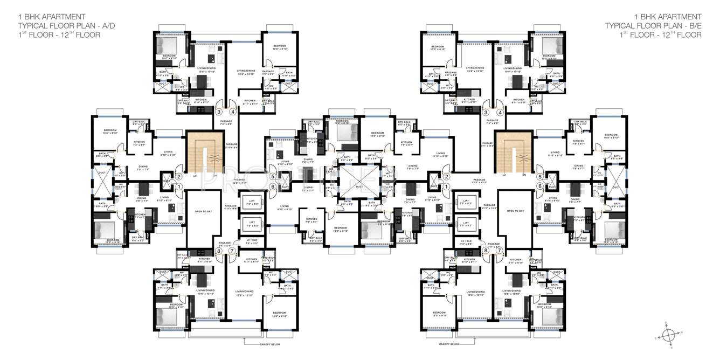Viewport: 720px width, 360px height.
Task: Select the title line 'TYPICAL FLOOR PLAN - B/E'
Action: (653, 25)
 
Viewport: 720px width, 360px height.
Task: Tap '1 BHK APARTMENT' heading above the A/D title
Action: (46, 16)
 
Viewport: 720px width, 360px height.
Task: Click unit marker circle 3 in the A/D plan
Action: (219, 112)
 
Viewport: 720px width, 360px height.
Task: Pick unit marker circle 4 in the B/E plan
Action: (500, 112)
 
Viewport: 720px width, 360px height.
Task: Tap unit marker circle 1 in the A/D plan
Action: (179, 186)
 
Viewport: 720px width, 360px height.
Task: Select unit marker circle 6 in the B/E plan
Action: (539, 186)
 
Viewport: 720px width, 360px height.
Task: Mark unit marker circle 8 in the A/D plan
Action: (219, 251)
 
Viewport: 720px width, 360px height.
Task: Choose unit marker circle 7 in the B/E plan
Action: (500, 251)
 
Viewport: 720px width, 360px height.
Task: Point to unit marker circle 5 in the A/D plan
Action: (273, 176)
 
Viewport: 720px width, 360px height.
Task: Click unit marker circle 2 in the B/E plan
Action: (446, 176)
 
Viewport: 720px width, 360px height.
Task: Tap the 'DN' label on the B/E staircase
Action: (523, 176)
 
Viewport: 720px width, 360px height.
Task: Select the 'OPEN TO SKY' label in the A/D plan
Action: (203, 211)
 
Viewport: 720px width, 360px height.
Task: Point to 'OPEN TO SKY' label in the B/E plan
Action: (515, 211)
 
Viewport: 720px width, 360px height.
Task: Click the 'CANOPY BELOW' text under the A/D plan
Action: (267, 344)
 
